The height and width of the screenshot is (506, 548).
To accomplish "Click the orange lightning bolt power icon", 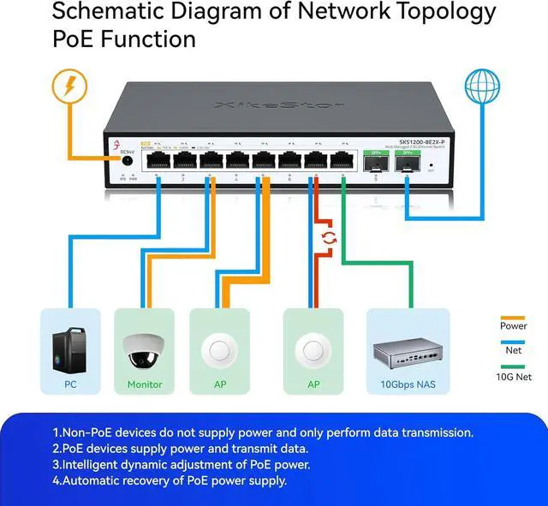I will [x=69, y=86].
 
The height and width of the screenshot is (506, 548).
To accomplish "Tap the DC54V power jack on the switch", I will [x=126, y=158].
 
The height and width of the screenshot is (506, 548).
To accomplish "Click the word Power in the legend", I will [x=513, y=325].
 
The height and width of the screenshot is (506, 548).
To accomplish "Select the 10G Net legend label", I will [x=514, y=376].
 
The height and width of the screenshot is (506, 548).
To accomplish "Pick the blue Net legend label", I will [x=513, y=350].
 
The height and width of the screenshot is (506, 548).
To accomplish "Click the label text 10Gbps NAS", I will [x=408, y=384].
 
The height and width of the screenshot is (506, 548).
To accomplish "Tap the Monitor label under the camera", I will [x=145, y=384].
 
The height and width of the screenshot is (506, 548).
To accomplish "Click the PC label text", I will [x=70, y=384].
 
